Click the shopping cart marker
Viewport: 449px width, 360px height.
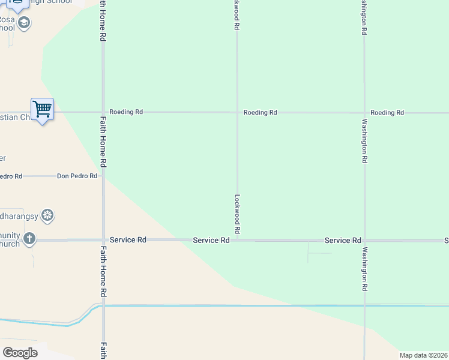42,109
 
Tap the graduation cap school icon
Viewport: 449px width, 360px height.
24,23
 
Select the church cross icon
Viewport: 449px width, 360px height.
29,239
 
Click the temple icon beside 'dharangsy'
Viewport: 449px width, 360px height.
48,215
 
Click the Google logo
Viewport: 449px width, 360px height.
20,352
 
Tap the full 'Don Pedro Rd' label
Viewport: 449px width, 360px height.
77,176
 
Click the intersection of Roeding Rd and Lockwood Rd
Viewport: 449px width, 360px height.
237,112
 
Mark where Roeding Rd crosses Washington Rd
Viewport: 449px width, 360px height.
364,112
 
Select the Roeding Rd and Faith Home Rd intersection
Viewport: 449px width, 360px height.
103,112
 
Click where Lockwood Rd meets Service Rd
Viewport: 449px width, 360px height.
237,240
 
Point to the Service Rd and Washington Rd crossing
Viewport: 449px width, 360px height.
364,240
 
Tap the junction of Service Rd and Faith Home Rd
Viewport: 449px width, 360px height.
103,240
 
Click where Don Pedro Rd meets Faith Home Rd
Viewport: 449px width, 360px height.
103,176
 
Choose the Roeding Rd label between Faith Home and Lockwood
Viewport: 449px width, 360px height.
126,112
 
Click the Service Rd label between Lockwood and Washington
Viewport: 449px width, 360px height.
342,240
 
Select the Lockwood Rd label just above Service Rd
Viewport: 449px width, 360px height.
237,214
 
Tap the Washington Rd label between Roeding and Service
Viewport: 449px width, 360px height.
364,141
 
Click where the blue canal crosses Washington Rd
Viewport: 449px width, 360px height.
364,305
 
